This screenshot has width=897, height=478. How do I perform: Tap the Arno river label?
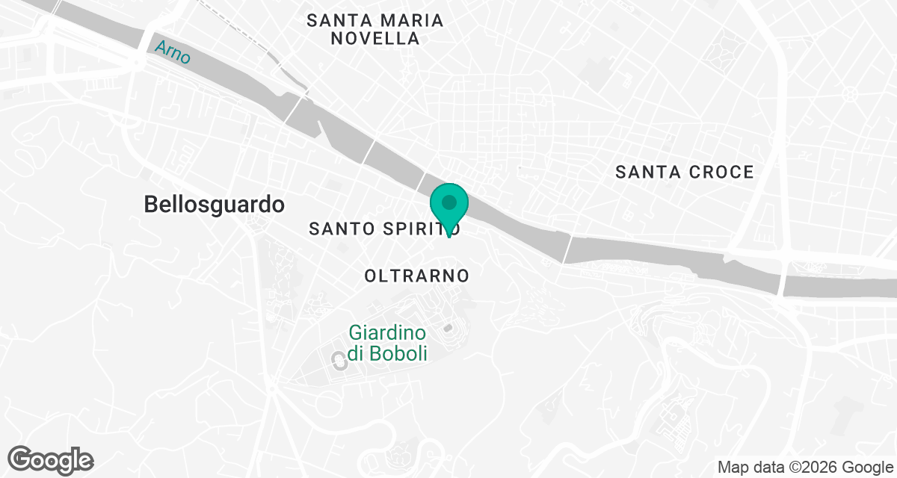[x=173, y=52]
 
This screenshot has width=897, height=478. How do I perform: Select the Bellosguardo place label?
[x=214, y=204]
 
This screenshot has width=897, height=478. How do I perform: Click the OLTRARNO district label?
[x=417, y=276]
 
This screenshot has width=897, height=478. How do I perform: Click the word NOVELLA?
[x=375, y=39]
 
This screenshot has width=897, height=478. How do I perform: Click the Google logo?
[x=51, y=459]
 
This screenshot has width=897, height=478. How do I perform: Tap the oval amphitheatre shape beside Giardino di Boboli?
[x=337, y=361]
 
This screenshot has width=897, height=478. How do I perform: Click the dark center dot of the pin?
[x=449, y=202]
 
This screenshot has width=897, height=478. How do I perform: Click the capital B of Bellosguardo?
[x=150, y=204]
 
